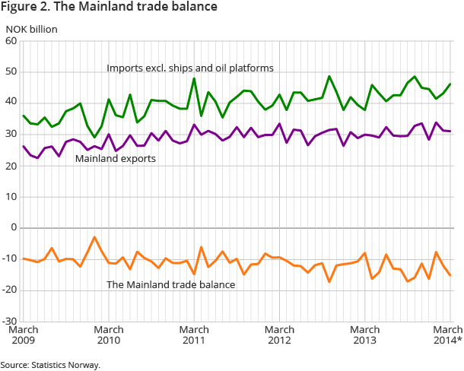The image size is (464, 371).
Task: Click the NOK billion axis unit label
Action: (x=32, y=30)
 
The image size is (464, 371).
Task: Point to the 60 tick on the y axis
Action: (x=11, y=41)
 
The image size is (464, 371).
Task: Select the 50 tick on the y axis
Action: (x=11, y=72)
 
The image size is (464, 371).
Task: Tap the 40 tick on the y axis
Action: (x=11, y=103)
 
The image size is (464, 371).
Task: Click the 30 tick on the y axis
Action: (x=11, y=135)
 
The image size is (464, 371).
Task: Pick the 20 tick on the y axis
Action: (x=11, y=166)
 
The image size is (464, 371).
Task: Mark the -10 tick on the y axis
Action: (x=10, y=258)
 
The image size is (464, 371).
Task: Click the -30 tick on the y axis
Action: (x=10, y=321)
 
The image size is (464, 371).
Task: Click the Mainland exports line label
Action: (x=115, y=160)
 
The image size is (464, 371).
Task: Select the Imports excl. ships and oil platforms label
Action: (x=190, y=68)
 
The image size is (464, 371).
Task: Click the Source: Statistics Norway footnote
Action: (x=50, y=365)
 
